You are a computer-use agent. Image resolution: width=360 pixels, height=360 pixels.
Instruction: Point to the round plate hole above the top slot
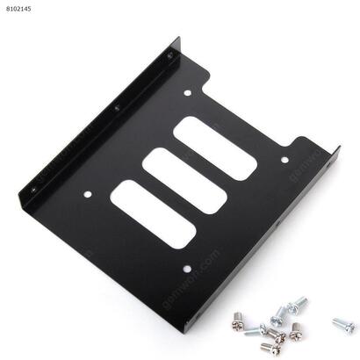pyautogui.click(x=188, y=91)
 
